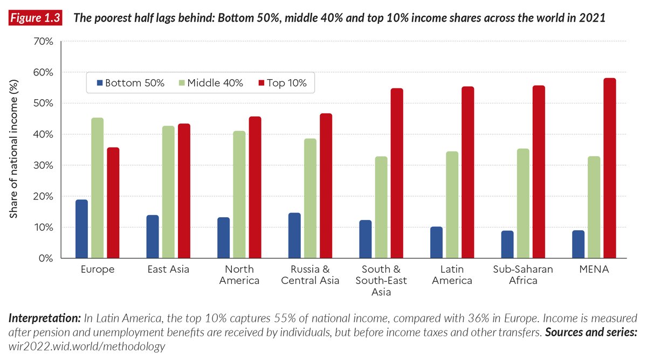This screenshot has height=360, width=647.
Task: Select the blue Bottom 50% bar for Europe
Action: click(82, 229)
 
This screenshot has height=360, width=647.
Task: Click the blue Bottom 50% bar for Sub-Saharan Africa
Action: click(507, 245)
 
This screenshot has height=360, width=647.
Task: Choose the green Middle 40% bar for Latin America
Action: click(452, 205)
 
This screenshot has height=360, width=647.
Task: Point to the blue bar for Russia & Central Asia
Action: click(294, 236)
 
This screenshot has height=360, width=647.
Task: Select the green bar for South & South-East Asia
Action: click(381, 207)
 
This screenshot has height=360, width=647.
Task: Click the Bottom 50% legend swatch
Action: click(99, 83)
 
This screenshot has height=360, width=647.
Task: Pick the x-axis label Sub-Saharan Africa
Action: click(522, 275)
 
